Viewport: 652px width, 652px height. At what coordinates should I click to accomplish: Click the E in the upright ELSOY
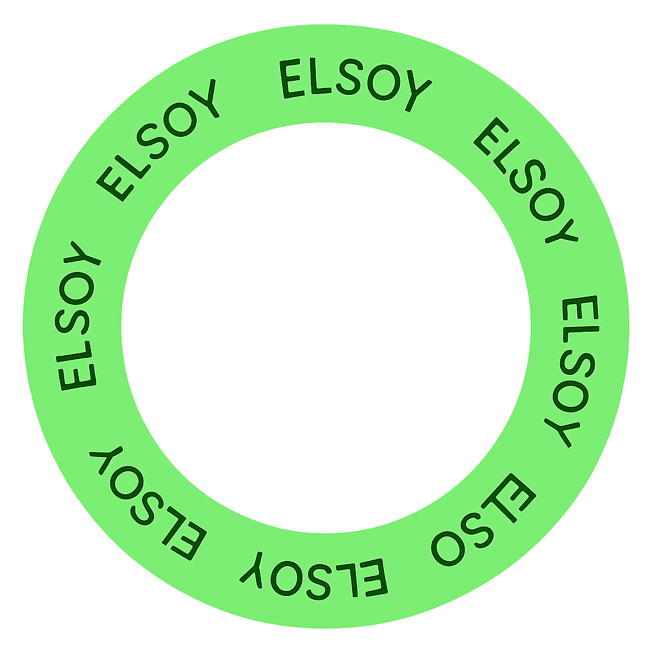[x=291, y=78]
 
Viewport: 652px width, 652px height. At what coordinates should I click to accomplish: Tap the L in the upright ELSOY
[x=320, y=76]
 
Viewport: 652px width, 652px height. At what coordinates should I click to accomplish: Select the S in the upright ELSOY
[x=350, y=77]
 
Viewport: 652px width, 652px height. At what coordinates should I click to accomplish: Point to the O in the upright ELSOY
[x=383, y=82]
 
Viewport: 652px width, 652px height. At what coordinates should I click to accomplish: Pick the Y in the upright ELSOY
[x=417, y=90]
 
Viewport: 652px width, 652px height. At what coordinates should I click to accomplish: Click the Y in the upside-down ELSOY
[x=252, y=570]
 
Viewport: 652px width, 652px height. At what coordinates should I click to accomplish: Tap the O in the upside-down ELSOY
[x=287, y=578]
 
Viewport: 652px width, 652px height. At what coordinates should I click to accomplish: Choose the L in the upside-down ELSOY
[x=348, y=580]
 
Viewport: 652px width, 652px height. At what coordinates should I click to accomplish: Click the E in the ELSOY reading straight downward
[x=581, y=308]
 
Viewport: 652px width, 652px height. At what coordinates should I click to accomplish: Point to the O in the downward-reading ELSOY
[x=570, y=396]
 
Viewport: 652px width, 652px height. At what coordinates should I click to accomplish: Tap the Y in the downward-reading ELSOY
[x=562, y=432]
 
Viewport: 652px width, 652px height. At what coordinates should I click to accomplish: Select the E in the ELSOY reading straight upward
[x=77, y=377]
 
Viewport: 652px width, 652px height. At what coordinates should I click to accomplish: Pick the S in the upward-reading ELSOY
[x=72, y=322]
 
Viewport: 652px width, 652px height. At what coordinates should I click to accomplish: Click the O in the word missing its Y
[x=448, y=548]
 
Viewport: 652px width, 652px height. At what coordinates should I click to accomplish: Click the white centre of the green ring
[x=326, y=328]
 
